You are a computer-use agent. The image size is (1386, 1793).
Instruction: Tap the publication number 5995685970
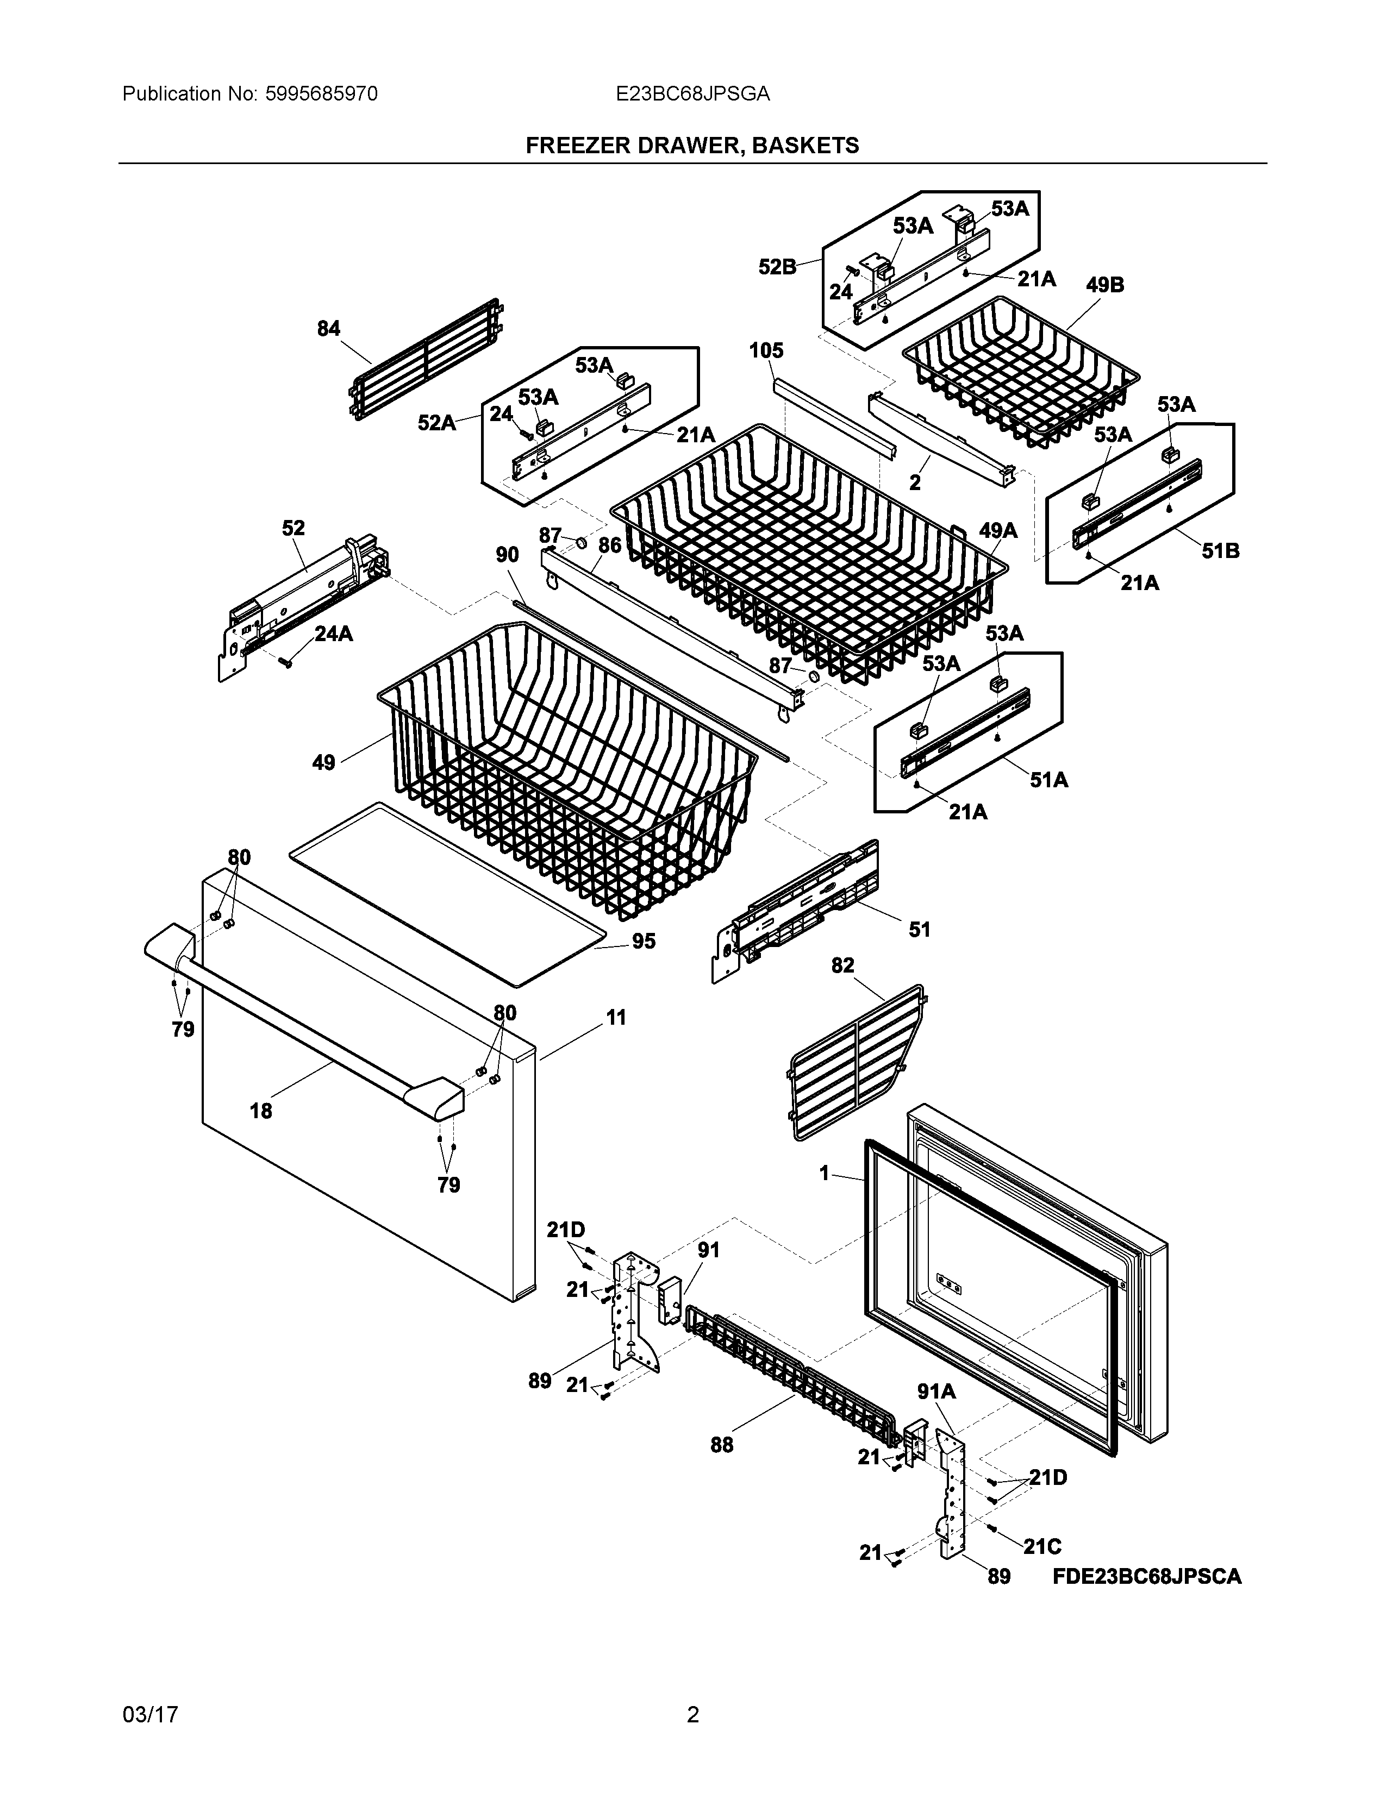(x=321, y=95)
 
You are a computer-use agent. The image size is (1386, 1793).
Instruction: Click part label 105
(x=766, y=350)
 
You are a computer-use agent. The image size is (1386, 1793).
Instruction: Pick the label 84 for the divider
(x=328, y=328)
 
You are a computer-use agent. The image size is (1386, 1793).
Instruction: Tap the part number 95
(x=644, y=942)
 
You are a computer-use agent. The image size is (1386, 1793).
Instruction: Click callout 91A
(x=936, y=1414)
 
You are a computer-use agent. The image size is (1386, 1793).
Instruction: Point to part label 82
(x=842, y=966)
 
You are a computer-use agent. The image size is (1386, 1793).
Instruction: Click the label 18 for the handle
(x=260, y=1111)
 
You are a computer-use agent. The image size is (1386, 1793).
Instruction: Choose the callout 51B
(x=1220, y=551)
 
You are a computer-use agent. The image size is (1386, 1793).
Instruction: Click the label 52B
(x=777, y=267)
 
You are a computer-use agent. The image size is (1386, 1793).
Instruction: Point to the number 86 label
(x=609, y=544)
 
